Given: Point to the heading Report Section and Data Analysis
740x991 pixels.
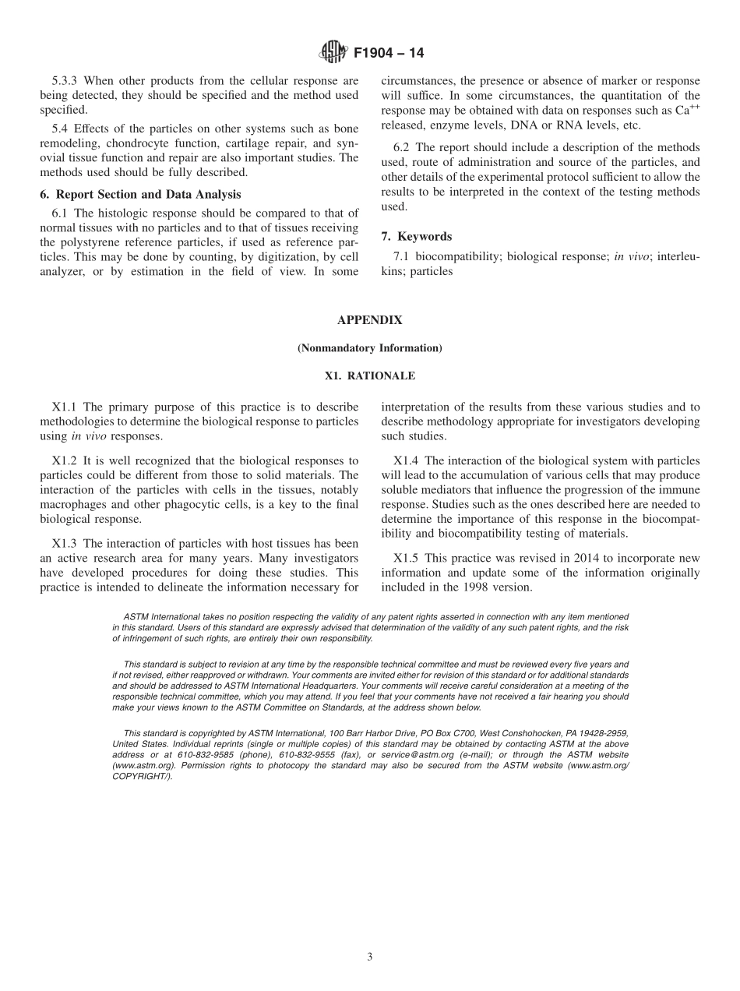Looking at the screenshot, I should (x=148, y=194).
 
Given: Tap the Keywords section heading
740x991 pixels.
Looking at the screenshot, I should (x=425, y=236).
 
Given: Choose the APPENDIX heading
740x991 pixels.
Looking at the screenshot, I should (x=369, y=320).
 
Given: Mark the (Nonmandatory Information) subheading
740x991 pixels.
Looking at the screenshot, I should (x=369, y=348).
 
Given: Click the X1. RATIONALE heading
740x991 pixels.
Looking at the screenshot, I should (x=369, y=376).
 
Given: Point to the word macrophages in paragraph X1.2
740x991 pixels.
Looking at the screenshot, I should (x=75, y=504).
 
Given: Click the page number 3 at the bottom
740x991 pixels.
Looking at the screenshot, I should (x=369, y=957).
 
